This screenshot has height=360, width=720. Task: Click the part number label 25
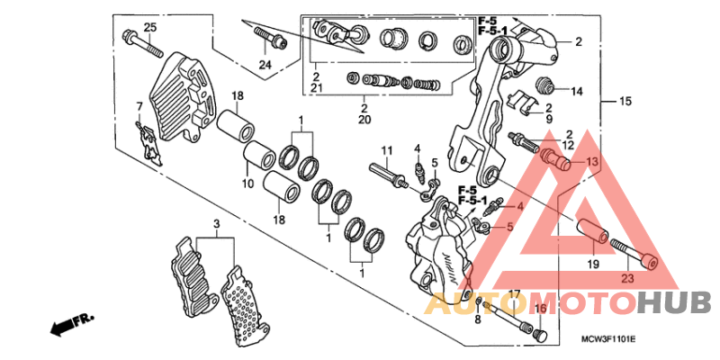pos(150,27)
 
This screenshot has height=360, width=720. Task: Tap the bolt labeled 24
pos(270,37)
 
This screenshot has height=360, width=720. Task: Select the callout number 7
pos(139,107)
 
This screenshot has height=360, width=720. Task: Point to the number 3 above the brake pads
pos(216,223)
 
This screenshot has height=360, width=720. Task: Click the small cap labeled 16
pos(540,334)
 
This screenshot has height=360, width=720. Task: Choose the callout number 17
pos(515,293)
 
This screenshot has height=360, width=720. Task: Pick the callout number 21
pos(317,90)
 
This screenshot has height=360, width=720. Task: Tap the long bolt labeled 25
pos(133,42)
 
